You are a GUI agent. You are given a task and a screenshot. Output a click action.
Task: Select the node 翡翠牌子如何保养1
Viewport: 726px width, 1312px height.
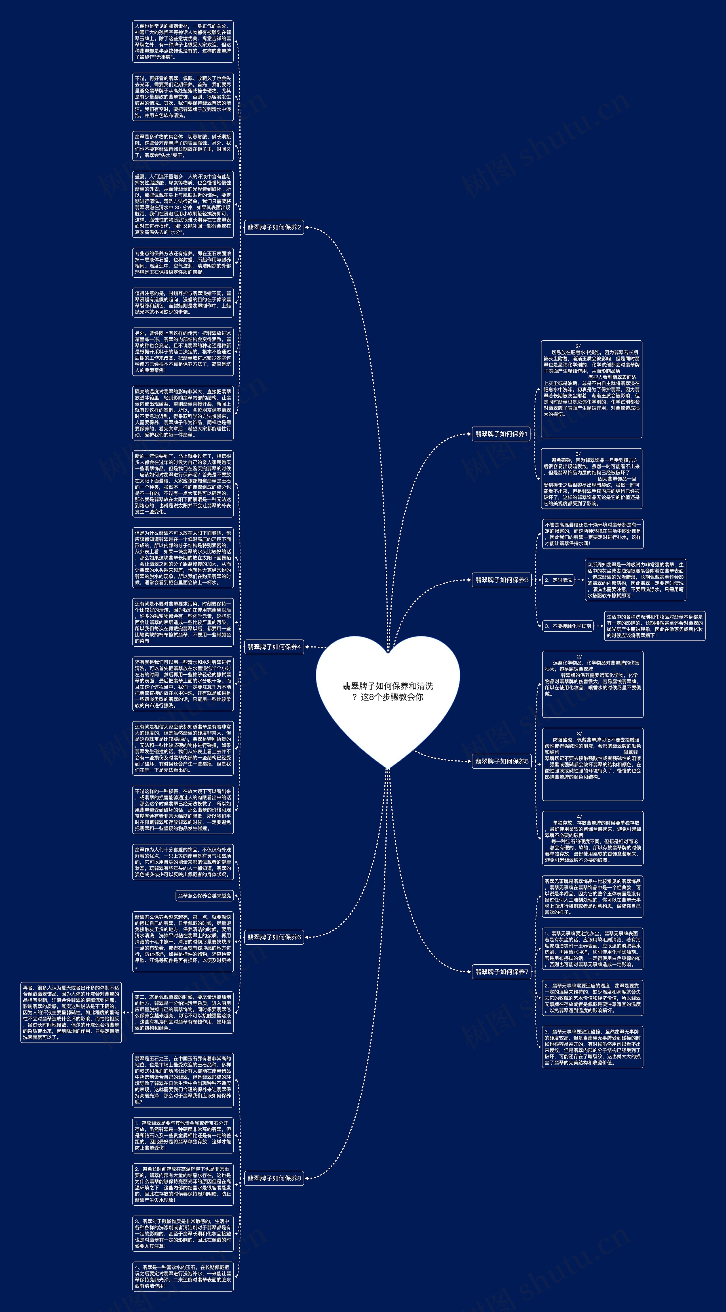(x=501, y=434)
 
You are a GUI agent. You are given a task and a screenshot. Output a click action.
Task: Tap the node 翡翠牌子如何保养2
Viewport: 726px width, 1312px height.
(x=274, y=227)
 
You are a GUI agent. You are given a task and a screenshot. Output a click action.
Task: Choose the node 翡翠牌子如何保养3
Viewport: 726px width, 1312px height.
(x=501, y=580)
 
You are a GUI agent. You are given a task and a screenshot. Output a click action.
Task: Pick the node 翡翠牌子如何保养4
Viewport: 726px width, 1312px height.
(x=274, y=647)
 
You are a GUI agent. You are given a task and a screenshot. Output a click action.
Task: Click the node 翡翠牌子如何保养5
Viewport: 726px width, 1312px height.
(x=501, y=761)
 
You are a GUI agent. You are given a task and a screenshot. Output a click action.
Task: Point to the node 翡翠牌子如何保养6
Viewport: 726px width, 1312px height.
(x=274, y=936)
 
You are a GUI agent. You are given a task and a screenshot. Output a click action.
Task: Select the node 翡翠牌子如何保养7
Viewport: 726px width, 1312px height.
(x=501, y=972)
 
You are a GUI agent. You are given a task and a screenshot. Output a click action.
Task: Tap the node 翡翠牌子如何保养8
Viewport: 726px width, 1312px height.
(x=274, y=1178)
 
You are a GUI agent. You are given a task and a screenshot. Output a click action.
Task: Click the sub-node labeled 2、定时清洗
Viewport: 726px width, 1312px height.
(x=558, y=580)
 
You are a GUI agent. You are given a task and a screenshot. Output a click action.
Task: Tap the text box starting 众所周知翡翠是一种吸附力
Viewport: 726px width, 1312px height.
(x=635, y=580)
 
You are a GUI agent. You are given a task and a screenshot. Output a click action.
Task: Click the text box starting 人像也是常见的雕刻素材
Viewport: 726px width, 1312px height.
(x=183, y=41)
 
